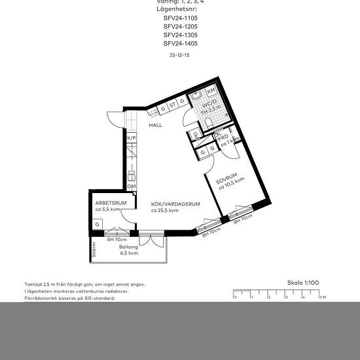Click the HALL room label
tap(155, 125)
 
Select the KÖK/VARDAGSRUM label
tap(175, 204)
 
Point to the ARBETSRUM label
tap(106, 203)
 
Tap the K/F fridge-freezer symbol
tap(131, 138)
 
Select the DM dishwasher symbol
tap(131, 187)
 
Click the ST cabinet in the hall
tap(173, 104)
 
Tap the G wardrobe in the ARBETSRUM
tap(97, 225)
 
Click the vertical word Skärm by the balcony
tap(94, 249)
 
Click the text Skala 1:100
tap(303, 282)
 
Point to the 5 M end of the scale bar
tap(321, 297)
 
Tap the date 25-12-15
tap(180, 56)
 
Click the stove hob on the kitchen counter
tap(131, 173)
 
